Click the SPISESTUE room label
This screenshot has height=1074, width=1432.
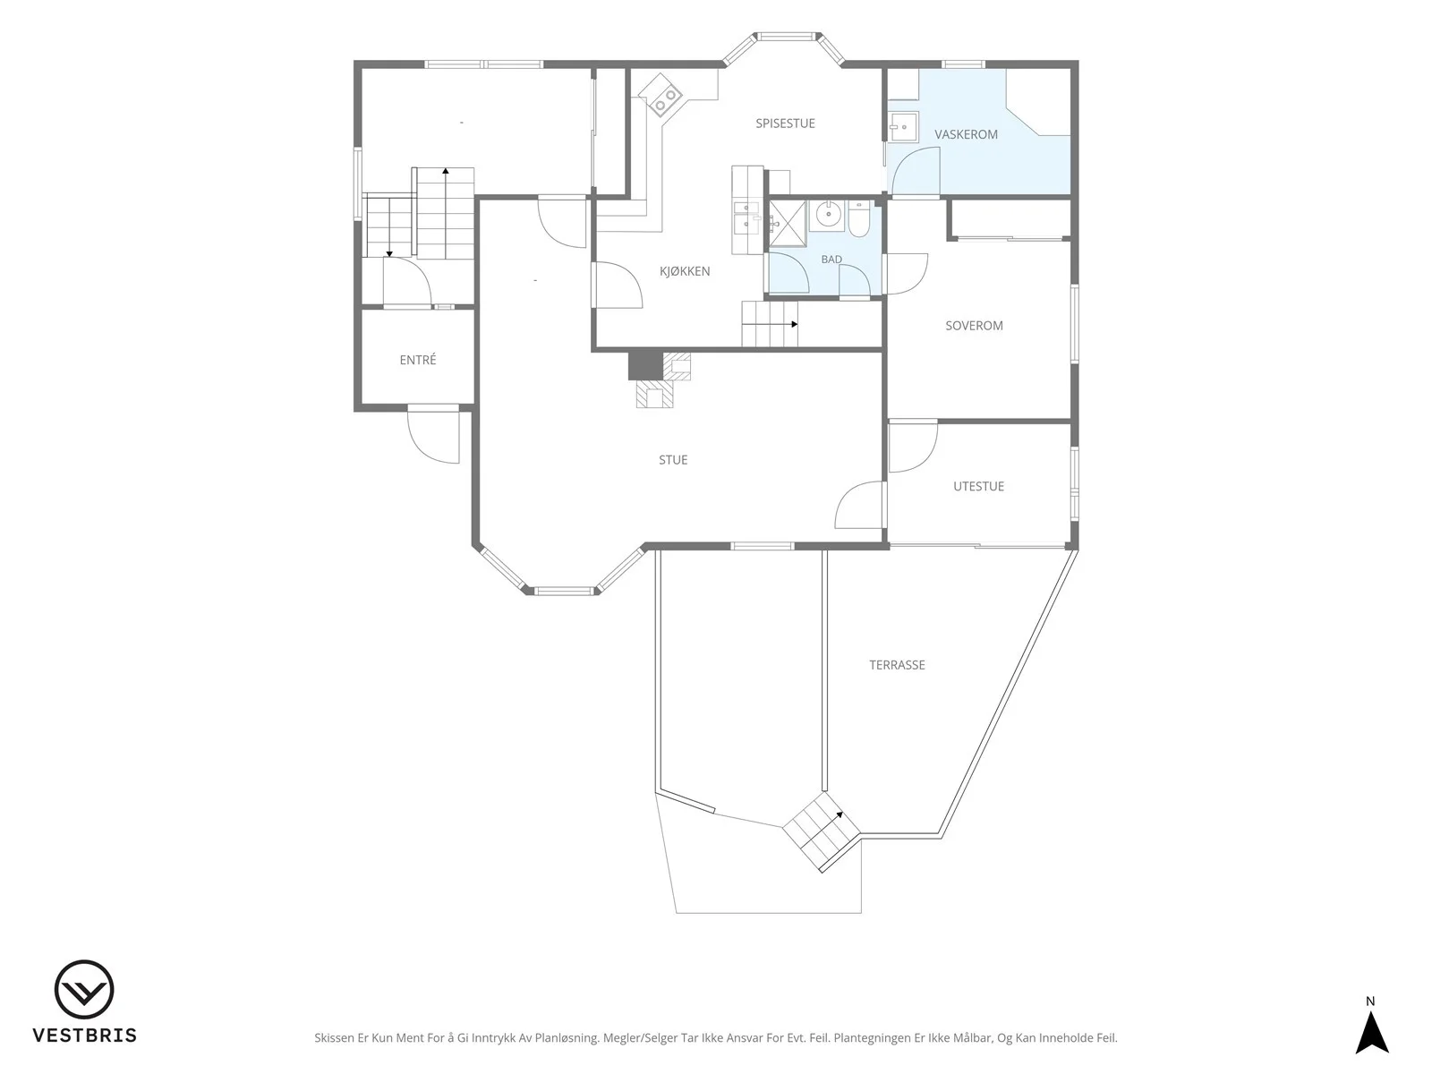(x=785, y=124)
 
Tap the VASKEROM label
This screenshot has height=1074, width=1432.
(x=966, y=134)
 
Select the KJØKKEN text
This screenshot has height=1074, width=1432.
(x=685, y=271)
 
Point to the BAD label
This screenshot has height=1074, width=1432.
(x=831, y=260)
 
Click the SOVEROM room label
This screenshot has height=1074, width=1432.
(x=974, y=326)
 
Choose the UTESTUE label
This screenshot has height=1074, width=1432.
(x=978, y=487)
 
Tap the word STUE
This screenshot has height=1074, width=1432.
(x=673, y=460)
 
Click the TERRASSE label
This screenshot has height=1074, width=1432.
(x=897, y=665)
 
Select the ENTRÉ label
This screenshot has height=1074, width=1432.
(x=418, y=359)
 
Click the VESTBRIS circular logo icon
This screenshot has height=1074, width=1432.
(x=84, y=990)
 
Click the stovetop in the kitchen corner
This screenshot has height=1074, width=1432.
(x=661, y=94)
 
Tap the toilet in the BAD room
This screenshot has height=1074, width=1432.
(x=858, y=219)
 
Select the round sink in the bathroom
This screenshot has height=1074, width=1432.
(x=827, y=214)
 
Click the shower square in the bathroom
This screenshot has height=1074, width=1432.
(x=788, y=225)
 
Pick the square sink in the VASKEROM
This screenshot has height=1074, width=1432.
(x=904, y=127)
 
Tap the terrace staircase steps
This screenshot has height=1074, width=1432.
(x=822, y=831)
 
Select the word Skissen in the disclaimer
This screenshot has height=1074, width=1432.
(x=334, y=1038)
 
